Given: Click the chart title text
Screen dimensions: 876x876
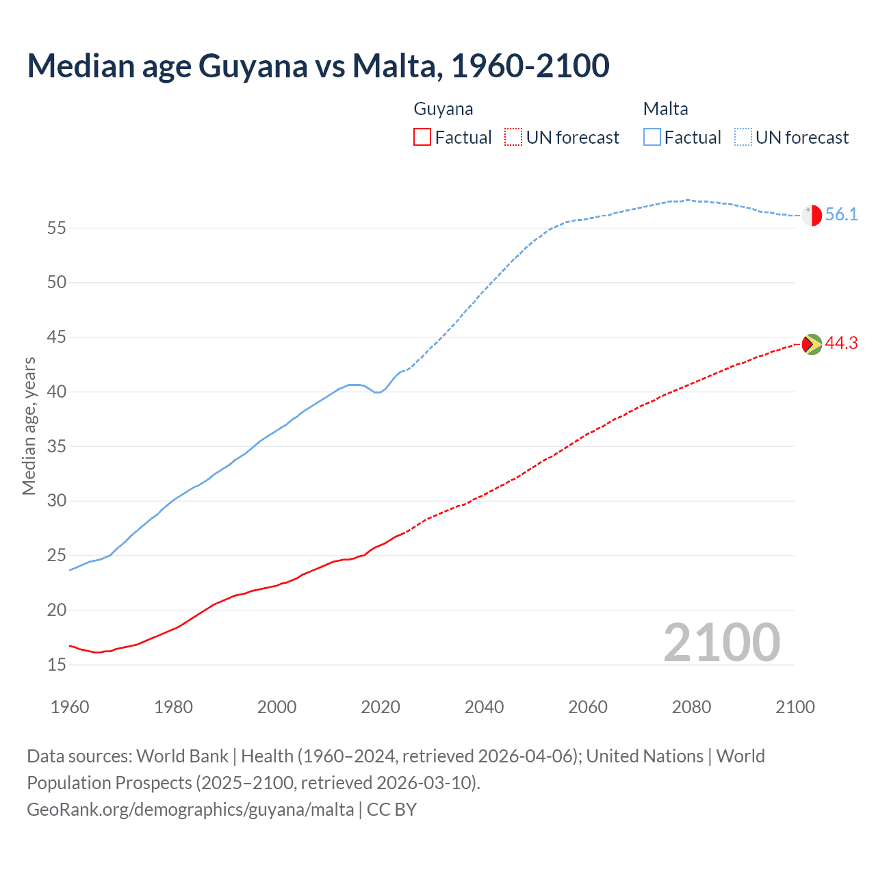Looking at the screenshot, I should tap(318, 66).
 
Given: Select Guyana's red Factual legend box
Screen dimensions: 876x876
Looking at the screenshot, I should tap(422, 137).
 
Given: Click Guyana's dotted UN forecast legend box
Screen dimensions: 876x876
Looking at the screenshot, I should tap(513, 137).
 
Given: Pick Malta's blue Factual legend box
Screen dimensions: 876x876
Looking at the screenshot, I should tap(652, 137).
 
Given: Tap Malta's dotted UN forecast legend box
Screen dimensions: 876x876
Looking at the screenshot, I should tap(743, 137).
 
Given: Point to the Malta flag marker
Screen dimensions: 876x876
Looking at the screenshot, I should tap(812, 215).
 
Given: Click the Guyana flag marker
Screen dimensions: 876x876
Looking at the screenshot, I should tap(812, 344).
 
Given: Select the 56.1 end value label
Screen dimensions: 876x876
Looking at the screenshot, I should tap(841, 215).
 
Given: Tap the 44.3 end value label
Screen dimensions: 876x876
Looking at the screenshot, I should tap(841, 344).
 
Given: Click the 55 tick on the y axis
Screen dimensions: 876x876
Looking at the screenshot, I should tap(57, 228).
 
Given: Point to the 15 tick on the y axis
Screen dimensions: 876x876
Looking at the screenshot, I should tap(57, 665).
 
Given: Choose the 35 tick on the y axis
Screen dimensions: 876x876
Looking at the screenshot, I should tap(57, 446).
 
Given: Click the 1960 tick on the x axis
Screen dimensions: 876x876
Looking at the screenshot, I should tap(70, 707).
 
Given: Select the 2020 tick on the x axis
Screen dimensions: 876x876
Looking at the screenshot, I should tap(381, 707).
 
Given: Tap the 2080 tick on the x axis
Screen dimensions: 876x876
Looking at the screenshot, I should tap(691, 707).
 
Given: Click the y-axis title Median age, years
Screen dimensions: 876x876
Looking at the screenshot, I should tap(29, 426).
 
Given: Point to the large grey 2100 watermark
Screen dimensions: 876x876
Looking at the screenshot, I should tap(722, 643).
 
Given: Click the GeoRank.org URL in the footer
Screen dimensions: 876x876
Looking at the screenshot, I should tap(190, 810).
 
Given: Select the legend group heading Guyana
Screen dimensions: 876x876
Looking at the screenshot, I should tap(443, 109).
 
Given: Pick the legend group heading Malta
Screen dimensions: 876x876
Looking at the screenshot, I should tap(665, 109).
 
